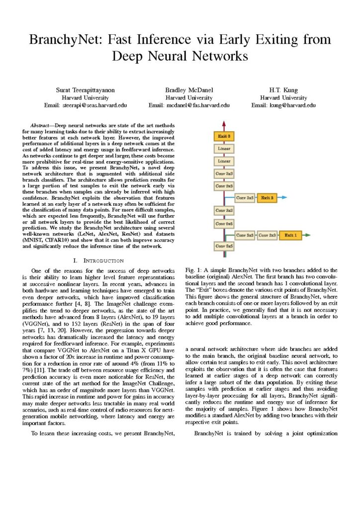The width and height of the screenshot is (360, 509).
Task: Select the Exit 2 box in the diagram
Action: coord(268,198)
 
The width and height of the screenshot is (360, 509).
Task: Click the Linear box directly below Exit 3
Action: coord(224,149)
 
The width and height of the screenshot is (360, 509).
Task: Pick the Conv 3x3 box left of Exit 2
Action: coord(245,198)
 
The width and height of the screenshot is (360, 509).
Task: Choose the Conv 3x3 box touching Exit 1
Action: coord(267,235)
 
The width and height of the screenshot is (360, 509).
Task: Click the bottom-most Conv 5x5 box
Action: coord(224,247)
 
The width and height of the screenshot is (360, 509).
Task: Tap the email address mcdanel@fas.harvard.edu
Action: coord(189,105)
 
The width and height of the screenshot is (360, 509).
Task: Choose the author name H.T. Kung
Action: coord(283,90)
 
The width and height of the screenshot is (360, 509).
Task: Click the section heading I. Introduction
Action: coord(98,260)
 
